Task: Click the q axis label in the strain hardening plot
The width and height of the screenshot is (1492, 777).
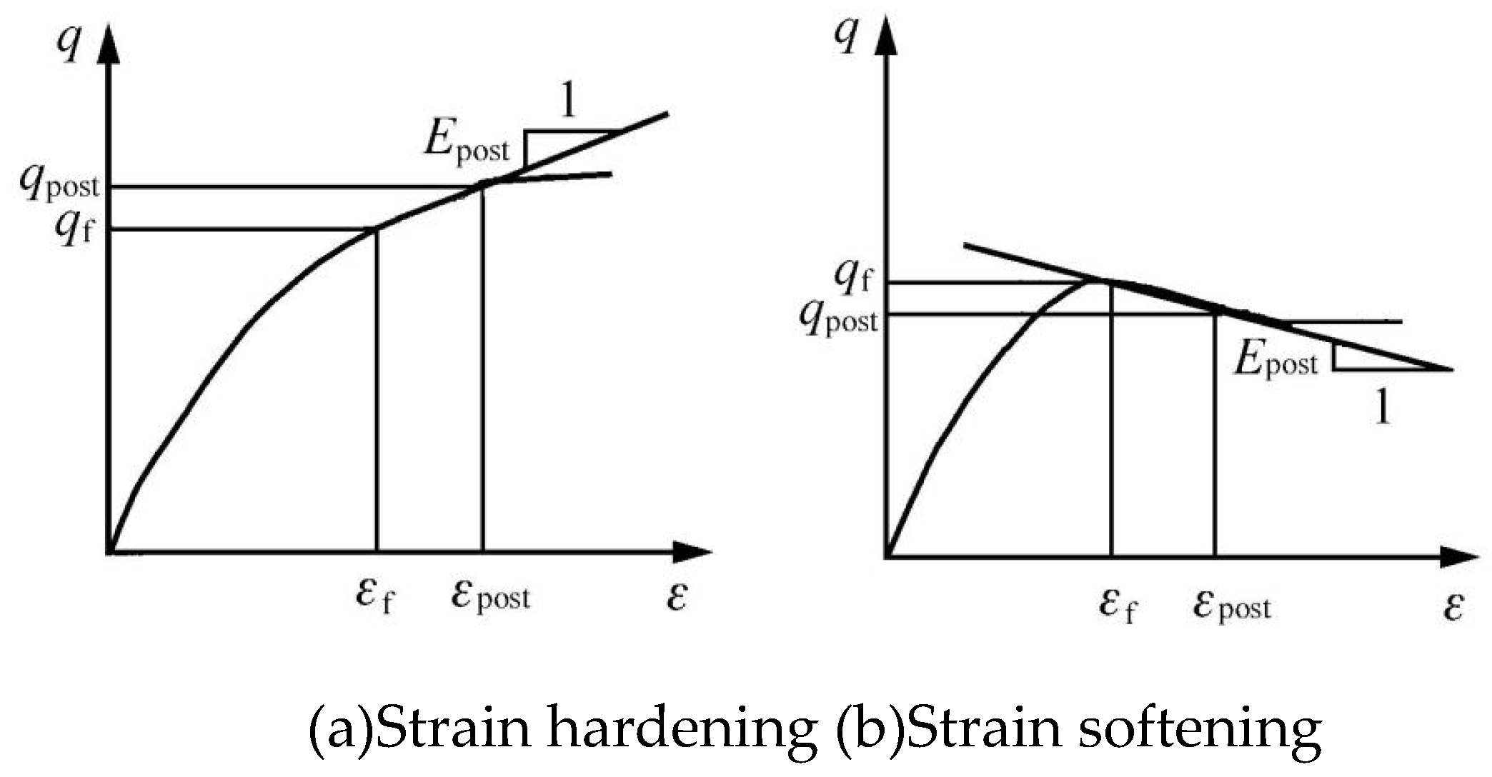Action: point(69,44)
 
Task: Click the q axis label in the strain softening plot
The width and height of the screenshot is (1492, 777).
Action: point(847,36)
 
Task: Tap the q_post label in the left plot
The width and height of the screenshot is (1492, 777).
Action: point(59,184)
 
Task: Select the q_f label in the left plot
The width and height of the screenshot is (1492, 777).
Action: point(74,229)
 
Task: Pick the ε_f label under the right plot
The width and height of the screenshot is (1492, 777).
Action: point(1118,606)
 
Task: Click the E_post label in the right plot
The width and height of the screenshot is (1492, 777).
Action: point(1276,359)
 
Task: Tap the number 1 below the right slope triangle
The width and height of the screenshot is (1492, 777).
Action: point(1383,408)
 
